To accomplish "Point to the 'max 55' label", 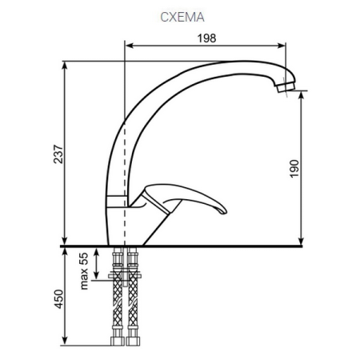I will (82, 268).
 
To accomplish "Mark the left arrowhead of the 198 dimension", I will (129, 46).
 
